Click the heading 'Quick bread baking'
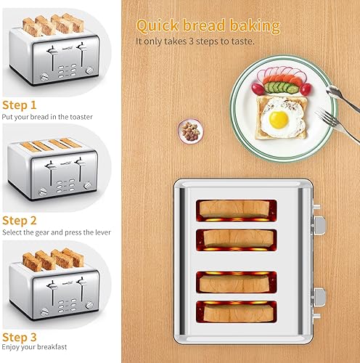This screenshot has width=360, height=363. point(208,26)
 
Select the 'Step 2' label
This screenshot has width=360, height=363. point(20,219)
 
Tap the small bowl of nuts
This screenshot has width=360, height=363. point(190,130)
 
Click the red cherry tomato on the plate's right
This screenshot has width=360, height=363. point(306,89)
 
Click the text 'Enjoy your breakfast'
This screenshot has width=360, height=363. point(36,349)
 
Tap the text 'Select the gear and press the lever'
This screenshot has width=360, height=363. point(56,232)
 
